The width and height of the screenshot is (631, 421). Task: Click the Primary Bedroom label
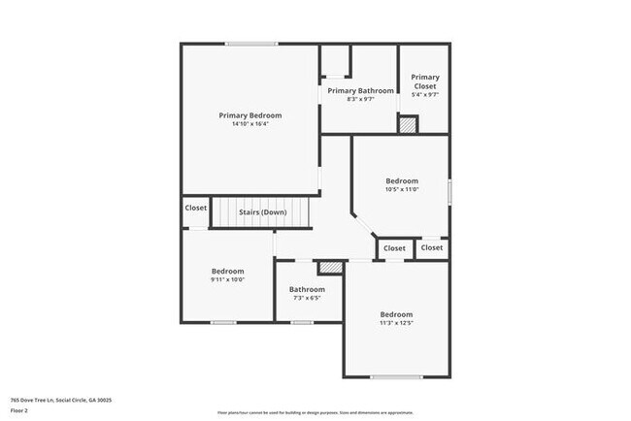coord(250,115)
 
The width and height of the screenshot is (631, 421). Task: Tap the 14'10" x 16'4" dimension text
coord(250,124)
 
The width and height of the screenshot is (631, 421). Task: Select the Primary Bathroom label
coord(361,91)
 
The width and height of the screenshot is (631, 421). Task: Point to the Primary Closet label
coord(425,81)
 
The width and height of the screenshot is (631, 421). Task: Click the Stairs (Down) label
coord(262,212)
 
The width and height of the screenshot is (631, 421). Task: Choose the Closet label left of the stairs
coord(196,208)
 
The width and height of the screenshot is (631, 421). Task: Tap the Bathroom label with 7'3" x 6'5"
coord(307,289)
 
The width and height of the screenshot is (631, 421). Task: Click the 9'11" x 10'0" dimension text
coord(228,279)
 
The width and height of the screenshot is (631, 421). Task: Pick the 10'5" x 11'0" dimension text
coord(402,189)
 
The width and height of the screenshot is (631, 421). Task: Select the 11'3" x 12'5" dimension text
coord(396,323)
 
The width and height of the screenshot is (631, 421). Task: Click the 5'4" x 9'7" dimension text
coord(425,95)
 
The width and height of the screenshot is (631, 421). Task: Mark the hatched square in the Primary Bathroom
coord(409,124)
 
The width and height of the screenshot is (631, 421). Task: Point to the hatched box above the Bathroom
coord(331,265)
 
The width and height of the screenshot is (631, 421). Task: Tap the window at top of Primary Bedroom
coord(251,43)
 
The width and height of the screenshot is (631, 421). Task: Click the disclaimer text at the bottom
coord(315,411)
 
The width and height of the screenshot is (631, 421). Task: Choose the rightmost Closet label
coord(432,247)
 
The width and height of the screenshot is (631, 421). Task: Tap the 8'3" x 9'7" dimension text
coord(361,99)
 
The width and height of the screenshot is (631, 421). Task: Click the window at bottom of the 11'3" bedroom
coord(396,376)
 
